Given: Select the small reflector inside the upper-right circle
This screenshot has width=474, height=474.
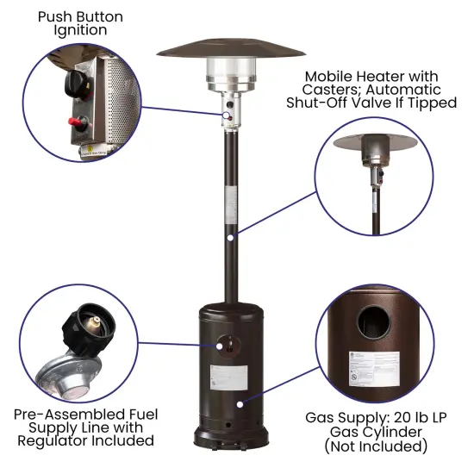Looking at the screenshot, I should [377, 140].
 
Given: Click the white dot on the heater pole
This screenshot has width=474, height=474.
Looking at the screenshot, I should [230, 234].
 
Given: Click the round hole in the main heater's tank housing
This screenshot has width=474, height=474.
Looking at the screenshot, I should [228, 345].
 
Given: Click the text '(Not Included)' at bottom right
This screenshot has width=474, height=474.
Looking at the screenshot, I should [376, 446].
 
